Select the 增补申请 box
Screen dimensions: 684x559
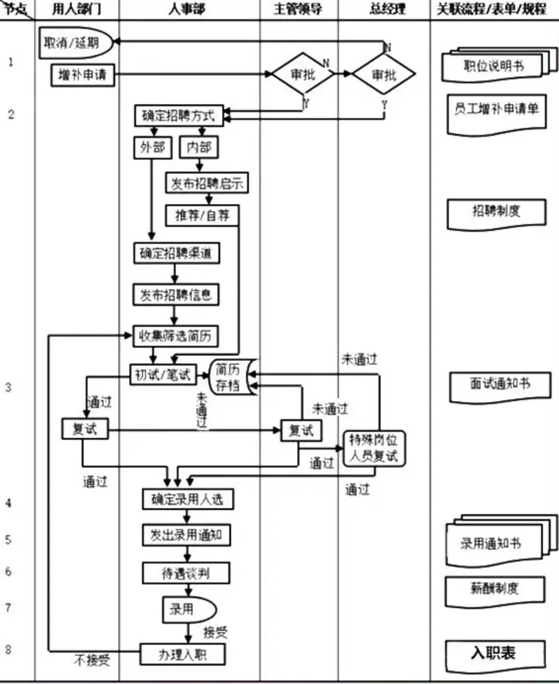(x=83, y=74)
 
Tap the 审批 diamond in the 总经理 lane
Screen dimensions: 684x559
(x=384, y=74)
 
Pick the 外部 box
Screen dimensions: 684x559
(x=153, y=147)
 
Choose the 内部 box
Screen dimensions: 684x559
(x=199, y=147)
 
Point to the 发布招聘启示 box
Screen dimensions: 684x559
(x=207, y=184)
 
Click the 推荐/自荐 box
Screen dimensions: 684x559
(x=203, y=216)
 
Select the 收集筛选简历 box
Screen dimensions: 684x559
(x=177, y=336)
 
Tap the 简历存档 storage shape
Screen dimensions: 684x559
(x=230, y=377)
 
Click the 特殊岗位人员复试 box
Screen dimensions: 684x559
(x=375, y=449)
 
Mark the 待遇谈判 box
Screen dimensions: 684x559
(x=186, y=574)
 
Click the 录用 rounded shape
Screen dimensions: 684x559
(x=187, y=609)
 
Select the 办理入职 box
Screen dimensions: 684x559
(x=182, y=654)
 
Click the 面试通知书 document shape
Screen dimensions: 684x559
(x=500, y=384)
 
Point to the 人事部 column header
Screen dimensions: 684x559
(x=188, y=9)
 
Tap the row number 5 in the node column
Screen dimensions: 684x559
(x=8, y=539)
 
